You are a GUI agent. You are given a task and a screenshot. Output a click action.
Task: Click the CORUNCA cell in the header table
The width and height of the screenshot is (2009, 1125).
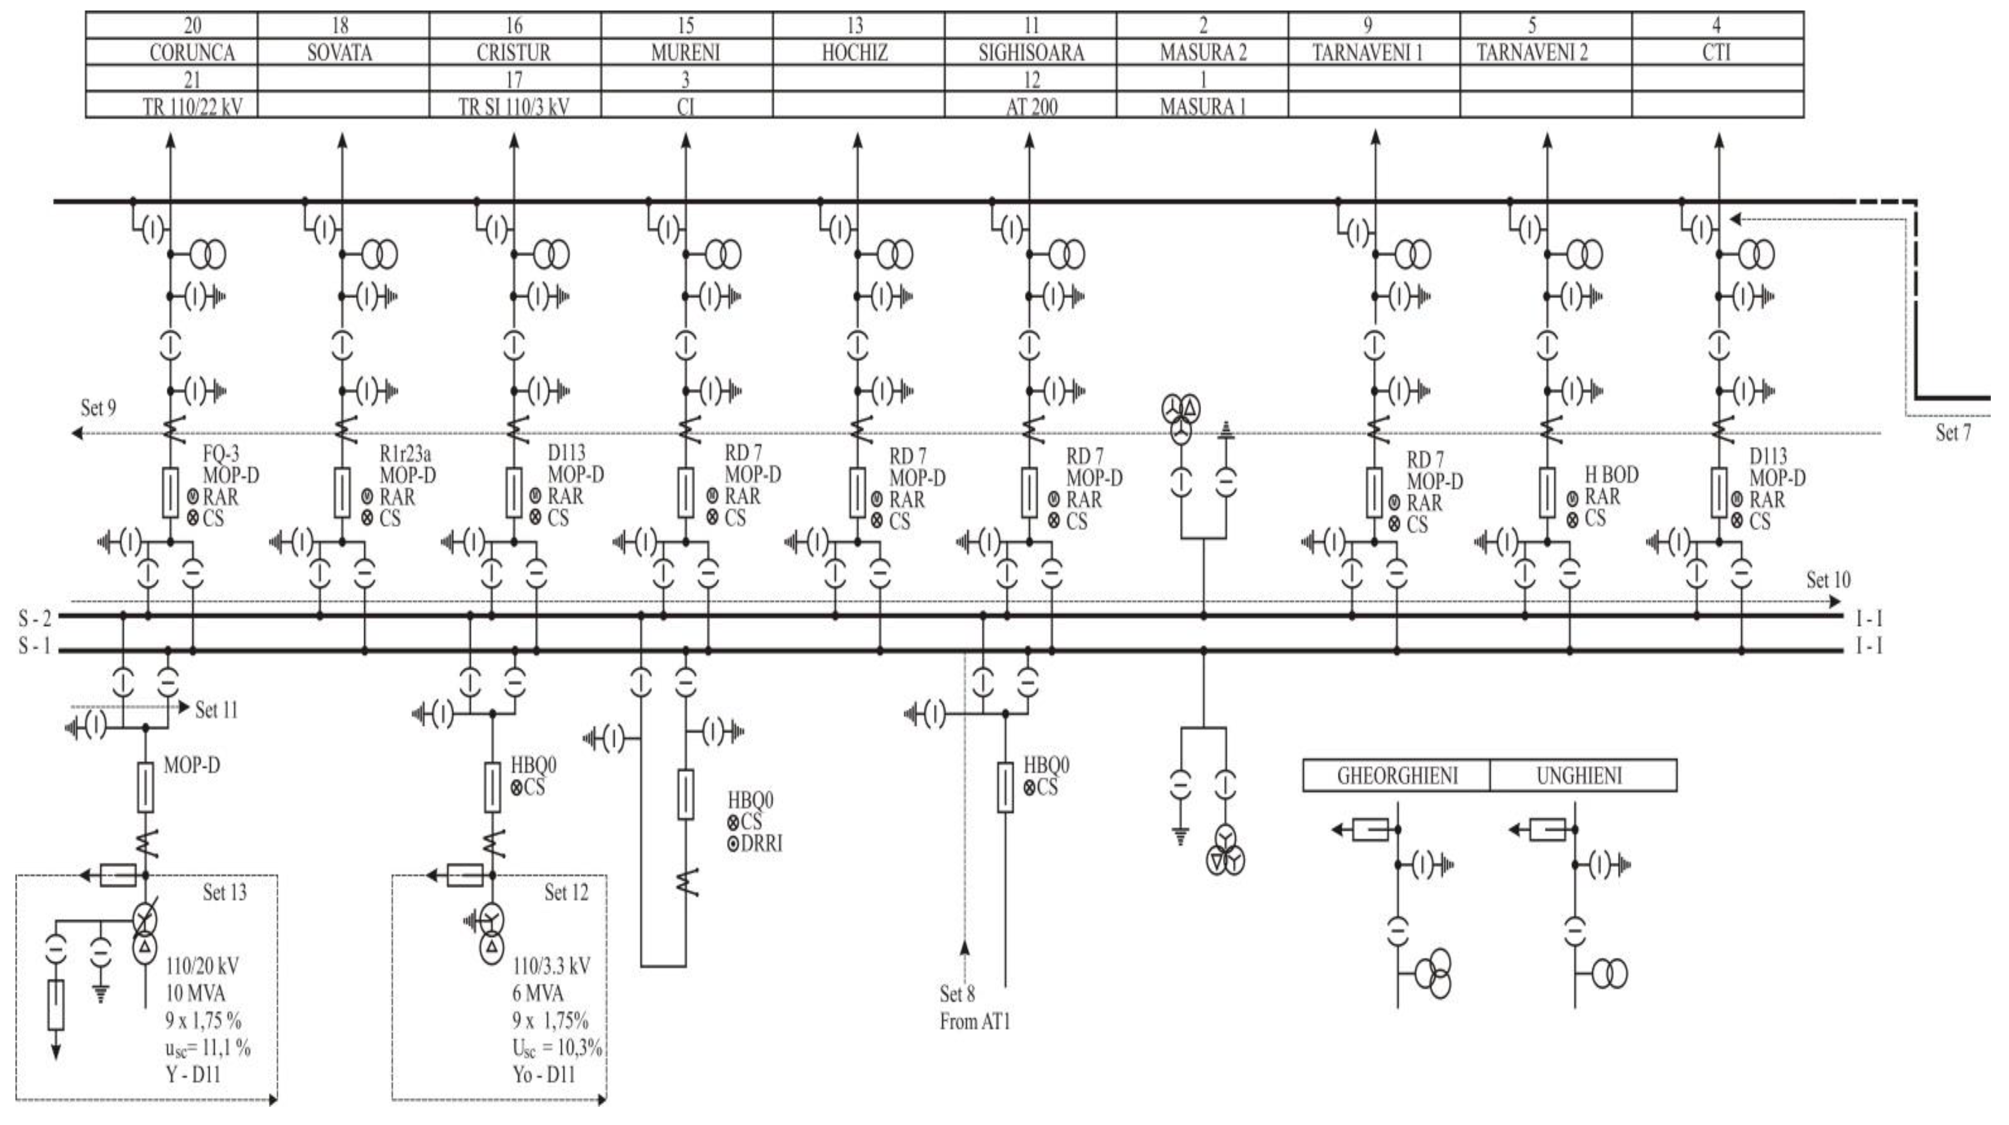coord(192,53)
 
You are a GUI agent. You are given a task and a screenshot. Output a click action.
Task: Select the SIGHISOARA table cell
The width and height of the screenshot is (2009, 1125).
coord(1031,53)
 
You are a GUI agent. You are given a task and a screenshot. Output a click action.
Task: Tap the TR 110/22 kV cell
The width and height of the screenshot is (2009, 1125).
coord(192,106)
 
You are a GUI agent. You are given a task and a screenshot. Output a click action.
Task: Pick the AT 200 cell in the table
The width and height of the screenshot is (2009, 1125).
coord(1031,106)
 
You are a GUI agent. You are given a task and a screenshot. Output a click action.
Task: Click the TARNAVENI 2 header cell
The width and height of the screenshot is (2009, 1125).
coord(1532,53)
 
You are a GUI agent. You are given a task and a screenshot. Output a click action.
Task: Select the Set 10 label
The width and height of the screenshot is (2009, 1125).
coord(1828,580)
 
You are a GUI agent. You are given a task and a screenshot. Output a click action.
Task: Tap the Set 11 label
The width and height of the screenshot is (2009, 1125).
coord(216,710)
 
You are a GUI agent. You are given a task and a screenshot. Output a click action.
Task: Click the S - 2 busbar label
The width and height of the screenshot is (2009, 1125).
coord(35,619)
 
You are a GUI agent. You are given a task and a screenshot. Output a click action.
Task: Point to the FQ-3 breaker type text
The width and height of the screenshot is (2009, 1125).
coord(221,453)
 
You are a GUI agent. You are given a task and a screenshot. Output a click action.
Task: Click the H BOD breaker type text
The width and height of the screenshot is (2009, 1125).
coord(1611,474)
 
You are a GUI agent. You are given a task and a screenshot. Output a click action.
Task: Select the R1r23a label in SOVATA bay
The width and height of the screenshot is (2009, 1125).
coord(406,453)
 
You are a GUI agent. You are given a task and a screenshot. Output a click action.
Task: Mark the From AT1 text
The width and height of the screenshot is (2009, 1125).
coord(975,1021)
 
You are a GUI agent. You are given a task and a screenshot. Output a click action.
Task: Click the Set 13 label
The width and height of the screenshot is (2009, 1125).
coord(225,892)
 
